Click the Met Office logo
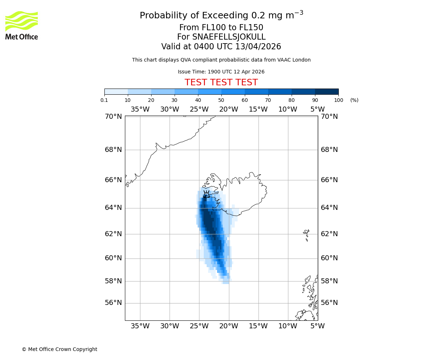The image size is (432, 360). (x=22, y=25)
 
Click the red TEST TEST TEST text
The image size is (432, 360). (x=221, y=82)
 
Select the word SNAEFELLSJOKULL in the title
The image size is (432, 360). (x=229, y=37)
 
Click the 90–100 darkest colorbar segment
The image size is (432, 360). (x=327, y=91)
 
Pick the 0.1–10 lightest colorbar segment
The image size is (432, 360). (x=116, y=91)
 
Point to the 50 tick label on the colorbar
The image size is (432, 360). (x=221, y=100)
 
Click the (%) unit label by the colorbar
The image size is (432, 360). (x=354, y=100)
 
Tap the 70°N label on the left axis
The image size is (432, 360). (x=113, y=116)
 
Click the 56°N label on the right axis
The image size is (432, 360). (x=329, y=303)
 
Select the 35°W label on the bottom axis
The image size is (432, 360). (x=140, y=326)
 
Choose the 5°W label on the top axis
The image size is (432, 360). (x=318, y=109)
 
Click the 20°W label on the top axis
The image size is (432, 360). (x=229, y=109)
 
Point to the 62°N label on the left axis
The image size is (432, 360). (x=113, y=234)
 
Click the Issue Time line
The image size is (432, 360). (x=221, y=72)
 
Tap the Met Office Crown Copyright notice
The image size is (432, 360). (x=59, y=349)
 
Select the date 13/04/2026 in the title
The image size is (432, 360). (x=258, y=47)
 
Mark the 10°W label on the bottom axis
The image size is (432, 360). (x=288, y=326)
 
